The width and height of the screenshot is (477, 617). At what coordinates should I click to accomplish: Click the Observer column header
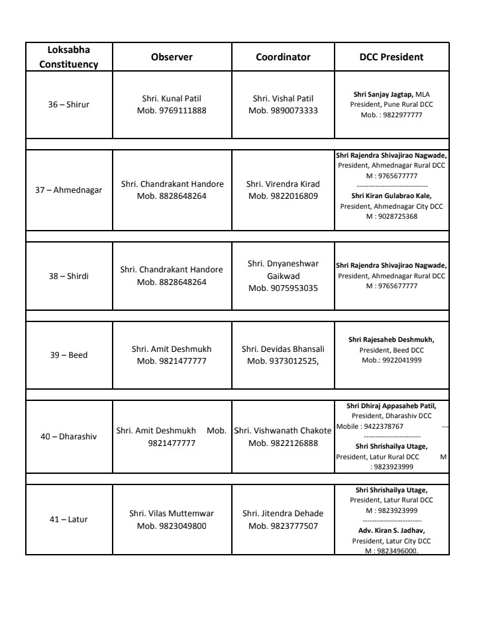coord(172,57)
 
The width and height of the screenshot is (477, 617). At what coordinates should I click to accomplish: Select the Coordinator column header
coord(283,57)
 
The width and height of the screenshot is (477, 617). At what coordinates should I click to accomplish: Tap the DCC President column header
coord(392,57)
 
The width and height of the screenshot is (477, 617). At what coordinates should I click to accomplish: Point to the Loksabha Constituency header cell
coord(69,57)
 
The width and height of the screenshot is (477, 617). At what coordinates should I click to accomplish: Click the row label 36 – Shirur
coord(68,105)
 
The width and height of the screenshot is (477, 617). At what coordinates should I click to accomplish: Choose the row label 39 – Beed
coord(68,355)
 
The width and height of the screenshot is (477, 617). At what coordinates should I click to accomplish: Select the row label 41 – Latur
coord(68,519)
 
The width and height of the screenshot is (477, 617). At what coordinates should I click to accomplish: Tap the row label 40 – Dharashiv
coord(68,437)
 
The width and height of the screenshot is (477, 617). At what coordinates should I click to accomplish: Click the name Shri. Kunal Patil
coord(172,98)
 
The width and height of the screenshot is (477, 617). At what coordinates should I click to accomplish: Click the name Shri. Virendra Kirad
coord(283,184)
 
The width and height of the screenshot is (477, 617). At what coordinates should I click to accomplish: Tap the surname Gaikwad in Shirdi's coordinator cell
coord(283,276)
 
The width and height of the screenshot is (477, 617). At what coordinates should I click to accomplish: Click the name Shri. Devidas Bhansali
coord(283,348)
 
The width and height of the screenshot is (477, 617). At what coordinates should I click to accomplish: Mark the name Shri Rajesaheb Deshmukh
coord(391,339)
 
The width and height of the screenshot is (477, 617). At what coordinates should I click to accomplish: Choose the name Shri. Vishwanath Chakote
coord(283,431)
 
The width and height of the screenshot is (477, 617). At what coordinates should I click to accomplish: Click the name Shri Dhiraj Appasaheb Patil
coord(391,406)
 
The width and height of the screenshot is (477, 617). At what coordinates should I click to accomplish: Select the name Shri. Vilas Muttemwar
coord(172,513)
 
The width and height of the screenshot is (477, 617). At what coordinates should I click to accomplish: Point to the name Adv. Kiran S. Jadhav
coord(391,530)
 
